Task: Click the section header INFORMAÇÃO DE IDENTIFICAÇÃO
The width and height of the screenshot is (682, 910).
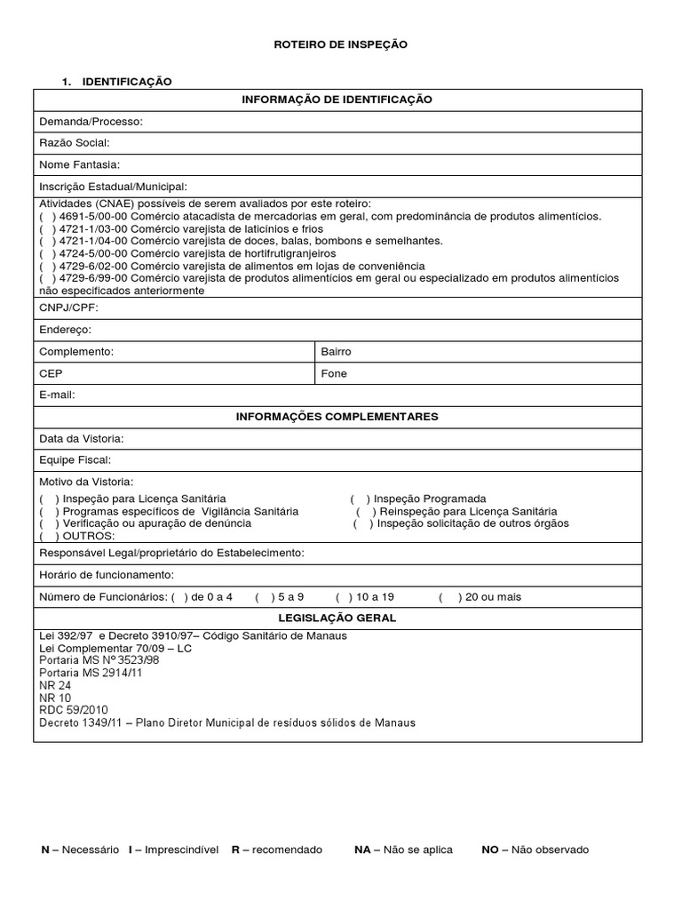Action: click(x=337, y=100)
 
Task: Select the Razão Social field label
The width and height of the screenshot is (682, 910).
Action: click(x=74, y=142)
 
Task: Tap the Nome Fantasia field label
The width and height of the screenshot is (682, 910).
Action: click(x=79, y=164)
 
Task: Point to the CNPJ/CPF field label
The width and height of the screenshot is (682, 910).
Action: click(x=68, y=308)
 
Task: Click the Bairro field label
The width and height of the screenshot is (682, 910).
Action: click(x=336, y=352)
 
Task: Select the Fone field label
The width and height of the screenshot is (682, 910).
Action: click(x=334, y=374)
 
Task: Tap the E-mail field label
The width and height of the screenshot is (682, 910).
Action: click(x=57, y=395)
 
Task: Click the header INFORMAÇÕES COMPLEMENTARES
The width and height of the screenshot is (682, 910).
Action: click(x=337, y=417)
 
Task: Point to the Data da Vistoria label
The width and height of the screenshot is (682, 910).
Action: click(x=81, y=439)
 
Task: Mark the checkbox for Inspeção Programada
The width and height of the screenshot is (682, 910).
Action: click(x=361, y=499)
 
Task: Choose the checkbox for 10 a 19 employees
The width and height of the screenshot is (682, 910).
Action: click(x=344, y=597)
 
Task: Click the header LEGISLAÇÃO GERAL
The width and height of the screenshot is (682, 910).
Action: click(x=337, y=618)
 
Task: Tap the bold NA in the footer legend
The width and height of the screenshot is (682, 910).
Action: click(x=361, y=850)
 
